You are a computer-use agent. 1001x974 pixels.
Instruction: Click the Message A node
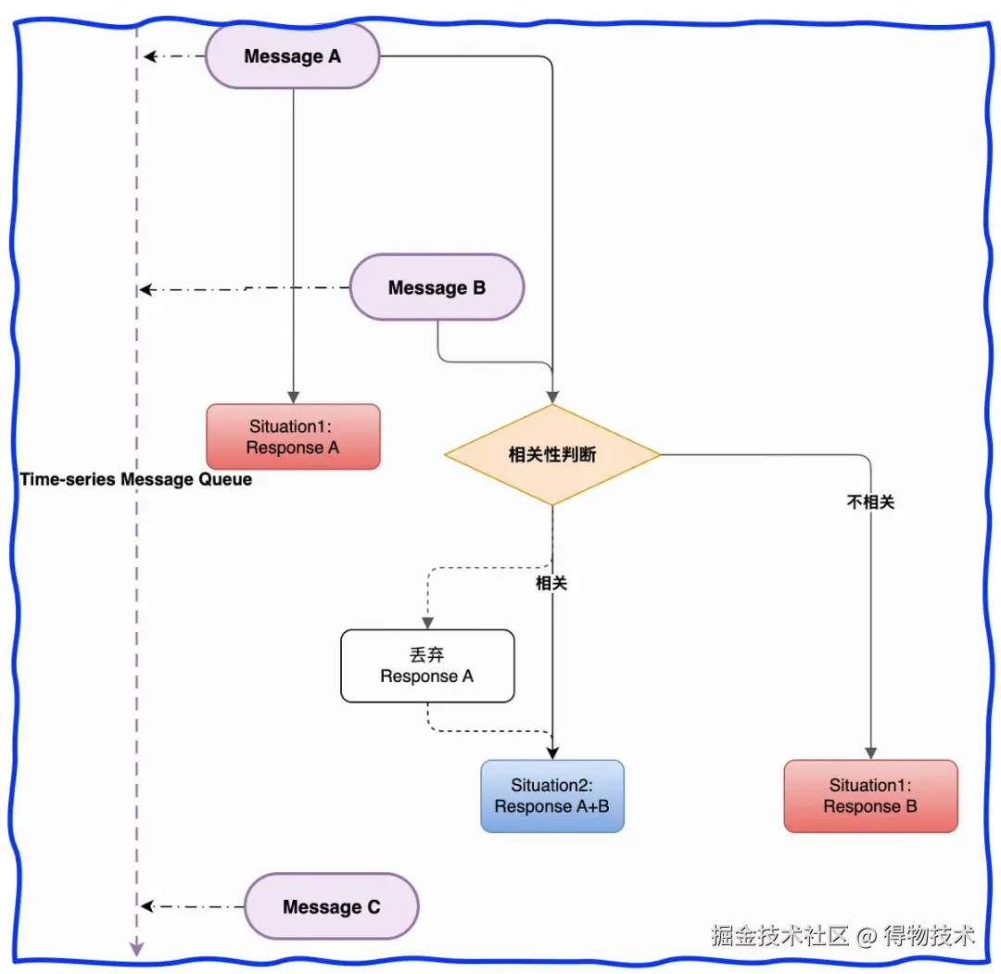[292, 57]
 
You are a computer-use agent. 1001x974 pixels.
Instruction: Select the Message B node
[437, 287]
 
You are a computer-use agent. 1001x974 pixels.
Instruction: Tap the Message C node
[331, 906]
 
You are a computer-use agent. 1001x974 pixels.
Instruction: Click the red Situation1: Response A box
[293, 436]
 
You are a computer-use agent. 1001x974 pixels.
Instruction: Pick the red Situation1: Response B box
[870, 796]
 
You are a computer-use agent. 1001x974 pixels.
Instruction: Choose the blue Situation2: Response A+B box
[552, 796]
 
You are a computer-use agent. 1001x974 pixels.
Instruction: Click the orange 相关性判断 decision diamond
[552, 454]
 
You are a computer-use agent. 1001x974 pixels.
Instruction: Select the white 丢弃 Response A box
[427, 665]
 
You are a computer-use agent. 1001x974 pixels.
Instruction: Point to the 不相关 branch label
[870, 502]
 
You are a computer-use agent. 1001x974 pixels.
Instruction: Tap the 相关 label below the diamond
[551, 583]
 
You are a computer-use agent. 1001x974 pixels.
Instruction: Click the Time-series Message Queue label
[136, 479]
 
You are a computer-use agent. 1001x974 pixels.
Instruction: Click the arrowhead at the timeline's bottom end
[136, 949]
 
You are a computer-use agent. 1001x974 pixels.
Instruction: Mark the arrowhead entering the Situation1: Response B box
[870, 753]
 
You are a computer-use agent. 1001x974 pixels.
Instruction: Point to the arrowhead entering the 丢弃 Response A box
[427, 623]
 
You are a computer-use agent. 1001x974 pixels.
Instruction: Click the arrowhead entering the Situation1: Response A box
[293, 397]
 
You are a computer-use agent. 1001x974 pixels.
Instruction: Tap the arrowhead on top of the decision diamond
[552, 398]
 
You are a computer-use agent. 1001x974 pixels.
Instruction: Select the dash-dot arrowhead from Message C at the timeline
[147, 906]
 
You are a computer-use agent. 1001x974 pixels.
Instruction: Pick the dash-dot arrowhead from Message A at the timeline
[151, 57]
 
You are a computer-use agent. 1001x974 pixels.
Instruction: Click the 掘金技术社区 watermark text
[779, 935]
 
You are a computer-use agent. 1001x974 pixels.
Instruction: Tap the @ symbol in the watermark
[867, 936]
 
